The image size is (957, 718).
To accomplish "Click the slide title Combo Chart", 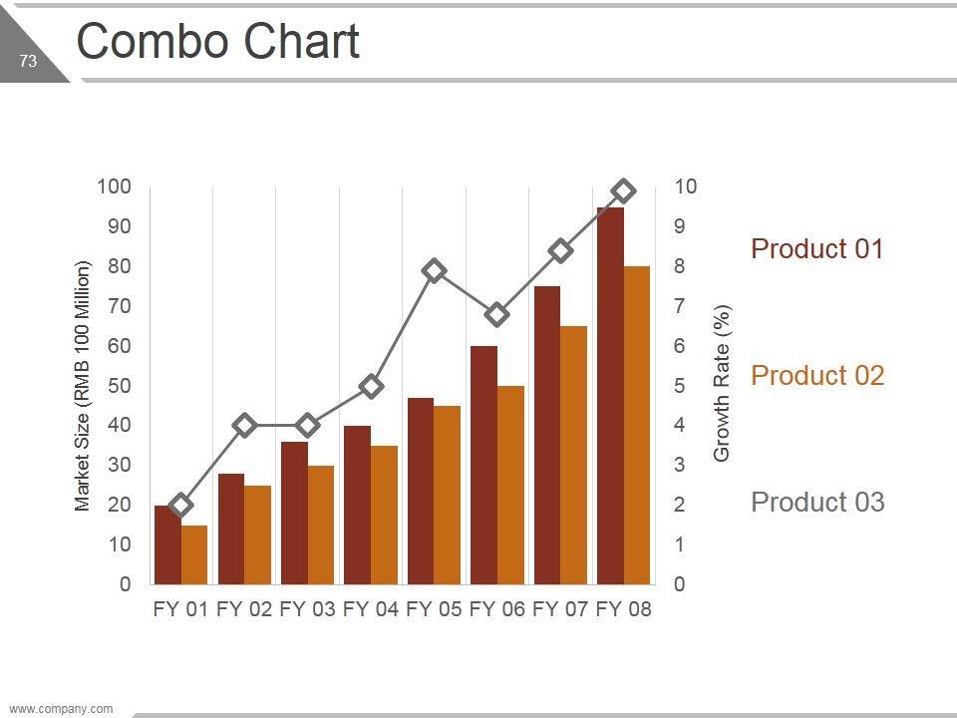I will tap(217, 43).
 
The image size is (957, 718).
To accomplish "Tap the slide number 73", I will tap(28, 62).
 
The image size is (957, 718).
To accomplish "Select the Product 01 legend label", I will tap(816, 248).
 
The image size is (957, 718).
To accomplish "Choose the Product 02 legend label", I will tap(816, 375).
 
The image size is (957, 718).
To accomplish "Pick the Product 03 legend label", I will tap(816, 502).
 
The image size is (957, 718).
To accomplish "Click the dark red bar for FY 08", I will tap(610, 399).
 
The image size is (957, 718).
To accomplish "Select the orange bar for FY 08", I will tap(636, 429).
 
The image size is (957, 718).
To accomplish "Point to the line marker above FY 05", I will tap(434, 270).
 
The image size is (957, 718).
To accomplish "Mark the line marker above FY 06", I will tap(497, 315).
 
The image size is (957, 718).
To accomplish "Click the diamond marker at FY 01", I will tap(180, 505).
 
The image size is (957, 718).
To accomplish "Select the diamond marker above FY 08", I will tap(624, 190).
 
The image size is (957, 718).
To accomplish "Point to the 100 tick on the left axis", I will tap(114, 186).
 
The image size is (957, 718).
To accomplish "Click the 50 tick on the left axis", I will tap(120, 385).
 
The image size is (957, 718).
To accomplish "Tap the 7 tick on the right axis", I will tap(680, 306).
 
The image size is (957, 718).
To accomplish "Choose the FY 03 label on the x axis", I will tap(307, 609).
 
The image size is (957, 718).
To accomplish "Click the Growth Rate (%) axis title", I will tap(723, 384).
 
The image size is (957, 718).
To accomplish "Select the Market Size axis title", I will tap(83, 386).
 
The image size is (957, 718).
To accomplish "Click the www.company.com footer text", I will tap(61, 709).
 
